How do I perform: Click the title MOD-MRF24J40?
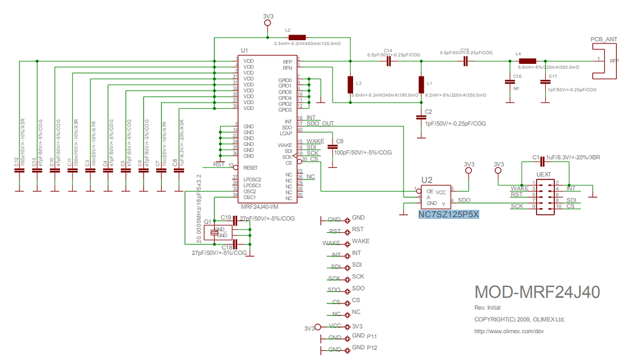pos(537,292)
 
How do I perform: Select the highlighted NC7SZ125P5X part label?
pos(449,214)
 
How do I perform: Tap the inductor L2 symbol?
pos(298,37)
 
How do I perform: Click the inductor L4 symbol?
pos(528,61)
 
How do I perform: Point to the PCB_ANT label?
pos(603,40)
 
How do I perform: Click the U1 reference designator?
pos(244,50)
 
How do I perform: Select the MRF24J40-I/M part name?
pos(259,207)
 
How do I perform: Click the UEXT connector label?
pos(544,175)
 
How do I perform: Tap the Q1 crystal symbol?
pos(214,233)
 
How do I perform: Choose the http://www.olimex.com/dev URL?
pos(508,331)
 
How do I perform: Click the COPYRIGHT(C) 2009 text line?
pos(520,319)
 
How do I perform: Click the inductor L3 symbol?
pos(351,83)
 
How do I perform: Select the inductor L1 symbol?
pos(421,84)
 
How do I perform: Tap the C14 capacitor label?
pos(388,50)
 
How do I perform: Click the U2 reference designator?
pos(427,180)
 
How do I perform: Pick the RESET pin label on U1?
pos(250,167)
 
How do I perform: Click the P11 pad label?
pos(372,336)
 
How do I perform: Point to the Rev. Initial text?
pos(487,308)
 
